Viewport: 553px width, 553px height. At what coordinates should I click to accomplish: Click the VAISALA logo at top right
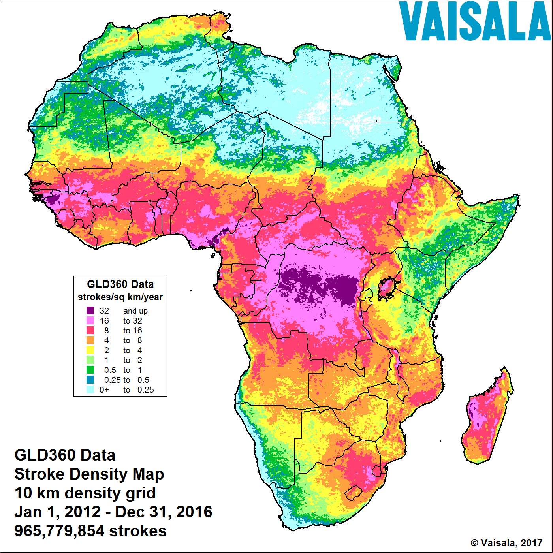[475, 21]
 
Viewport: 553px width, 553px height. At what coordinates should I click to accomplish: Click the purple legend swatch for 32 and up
[90, 310]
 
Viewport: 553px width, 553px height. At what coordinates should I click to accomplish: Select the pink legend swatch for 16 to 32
[90, 320]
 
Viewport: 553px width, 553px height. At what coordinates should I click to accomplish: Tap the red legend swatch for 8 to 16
[90, 330]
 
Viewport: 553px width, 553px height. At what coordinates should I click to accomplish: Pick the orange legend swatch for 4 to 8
[90, 340]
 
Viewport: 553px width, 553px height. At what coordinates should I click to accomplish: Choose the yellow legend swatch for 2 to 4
[90, 350]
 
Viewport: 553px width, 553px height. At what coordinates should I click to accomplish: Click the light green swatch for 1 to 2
[90, 360]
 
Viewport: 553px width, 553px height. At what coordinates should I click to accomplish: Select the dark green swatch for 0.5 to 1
[90, 370]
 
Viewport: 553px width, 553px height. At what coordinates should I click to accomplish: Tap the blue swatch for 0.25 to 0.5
[90, 380]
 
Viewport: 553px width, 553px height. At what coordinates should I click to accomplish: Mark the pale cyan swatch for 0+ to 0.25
[90, 389]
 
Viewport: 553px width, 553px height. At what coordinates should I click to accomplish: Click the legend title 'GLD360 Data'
[120, 284]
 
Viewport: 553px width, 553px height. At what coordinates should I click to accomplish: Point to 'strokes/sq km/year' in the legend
[120, 297]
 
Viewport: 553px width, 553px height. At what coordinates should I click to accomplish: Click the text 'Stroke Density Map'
[89, 474]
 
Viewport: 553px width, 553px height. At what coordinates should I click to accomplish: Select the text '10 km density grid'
[85, 493]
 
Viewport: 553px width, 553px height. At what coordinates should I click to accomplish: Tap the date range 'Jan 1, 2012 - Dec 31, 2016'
[113, 512]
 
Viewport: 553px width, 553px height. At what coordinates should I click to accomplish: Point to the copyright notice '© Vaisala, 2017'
[506, 543]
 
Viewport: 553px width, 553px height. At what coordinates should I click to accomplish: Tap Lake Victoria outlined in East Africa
[387, 288]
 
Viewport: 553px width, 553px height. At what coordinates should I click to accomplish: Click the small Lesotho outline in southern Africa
[354, 493]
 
